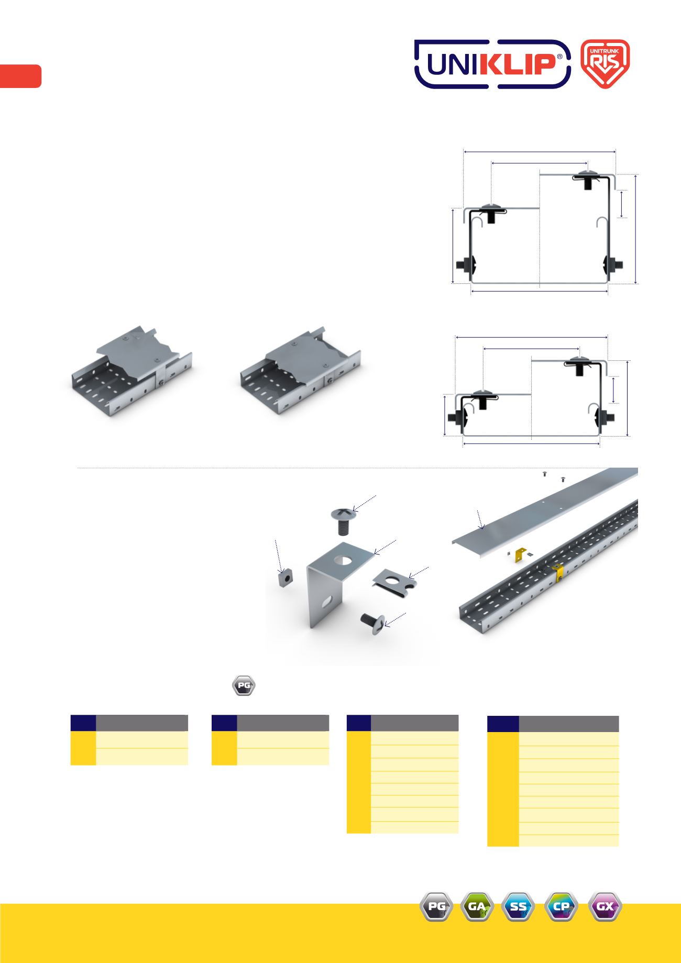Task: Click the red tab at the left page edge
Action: click(20, 76)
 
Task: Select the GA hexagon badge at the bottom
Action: click(477, 906)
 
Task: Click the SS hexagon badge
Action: click(518, 906)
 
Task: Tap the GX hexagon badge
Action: click(605, 906)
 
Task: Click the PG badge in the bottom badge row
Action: click(436, 906)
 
